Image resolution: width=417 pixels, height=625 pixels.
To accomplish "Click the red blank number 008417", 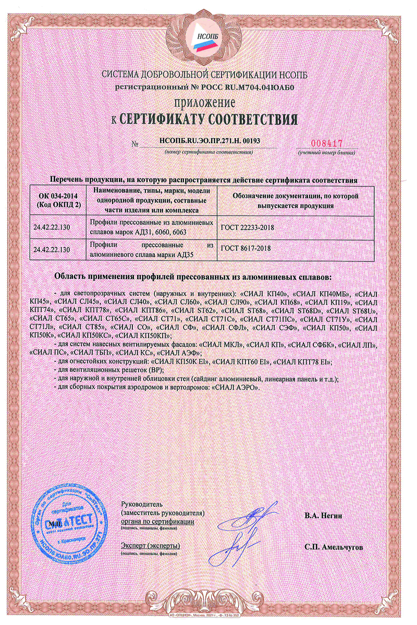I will pos(325,143).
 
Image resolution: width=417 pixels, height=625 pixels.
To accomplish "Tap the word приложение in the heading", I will pos(208,102).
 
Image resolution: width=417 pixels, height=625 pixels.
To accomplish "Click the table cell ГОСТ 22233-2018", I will pos(248,228).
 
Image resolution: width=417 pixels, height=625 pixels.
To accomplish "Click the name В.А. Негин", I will pos(323,516).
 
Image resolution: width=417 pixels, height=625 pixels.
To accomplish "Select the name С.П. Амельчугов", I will pos(334,547).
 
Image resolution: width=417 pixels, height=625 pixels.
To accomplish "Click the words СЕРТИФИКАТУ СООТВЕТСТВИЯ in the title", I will pos(209,119).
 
